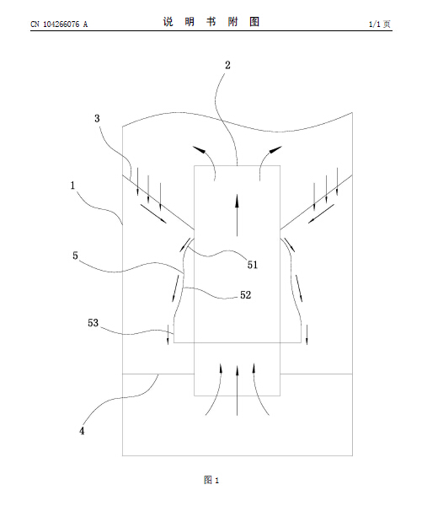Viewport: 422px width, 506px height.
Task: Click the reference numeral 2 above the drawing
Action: [227, 65]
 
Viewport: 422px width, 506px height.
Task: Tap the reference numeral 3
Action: [97, 118]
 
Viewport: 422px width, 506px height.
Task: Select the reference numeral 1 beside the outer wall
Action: [72, 186]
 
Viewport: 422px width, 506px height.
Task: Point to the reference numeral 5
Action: [75, 256]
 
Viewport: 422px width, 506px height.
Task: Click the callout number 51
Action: [253, 265]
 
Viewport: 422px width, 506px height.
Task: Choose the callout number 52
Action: [245, 295]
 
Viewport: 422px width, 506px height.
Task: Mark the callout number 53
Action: [93, 323]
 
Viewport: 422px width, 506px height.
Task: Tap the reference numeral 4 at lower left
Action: [82, 431]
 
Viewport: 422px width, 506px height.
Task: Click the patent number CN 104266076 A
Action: [59, 24]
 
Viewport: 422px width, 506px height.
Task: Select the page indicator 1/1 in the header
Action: [374, 24]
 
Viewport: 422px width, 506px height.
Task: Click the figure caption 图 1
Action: [211, 480]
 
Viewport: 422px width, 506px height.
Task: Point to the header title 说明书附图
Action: [211, 22]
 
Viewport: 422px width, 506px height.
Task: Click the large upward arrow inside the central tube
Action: [237, 215]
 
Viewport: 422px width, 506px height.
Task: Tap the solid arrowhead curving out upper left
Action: [200, 149]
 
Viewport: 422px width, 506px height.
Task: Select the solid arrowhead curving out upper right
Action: [275, 150]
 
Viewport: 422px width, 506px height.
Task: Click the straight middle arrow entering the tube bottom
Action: [237, 390]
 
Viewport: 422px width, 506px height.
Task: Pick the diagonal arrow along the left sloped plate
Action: [153, 213]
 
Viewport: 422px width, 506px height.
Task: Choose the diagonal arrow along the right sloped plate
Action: [321, 213]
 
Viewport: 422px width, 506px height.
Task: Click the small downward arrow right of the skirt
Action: [307, 335]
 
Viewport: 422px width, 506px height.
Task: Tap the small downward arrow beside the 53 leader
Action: [168, 335]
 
